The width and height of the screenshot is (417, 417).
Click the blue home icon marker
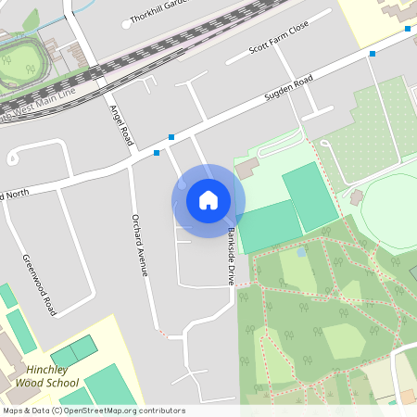tap(208, 199)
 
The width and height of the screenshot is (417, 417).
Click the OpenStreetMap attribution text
tap(94, 411)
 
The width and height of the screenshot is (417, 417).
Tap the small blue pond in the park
tap(302, 251)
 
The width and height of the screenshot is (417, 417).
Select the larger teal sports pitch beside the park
tap(310, 196)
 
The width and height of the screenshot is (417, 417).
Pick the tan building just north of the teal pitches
tap(247, 169)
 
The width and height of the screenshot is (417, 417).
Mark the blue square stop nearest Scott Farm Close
tap(373, 54)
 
